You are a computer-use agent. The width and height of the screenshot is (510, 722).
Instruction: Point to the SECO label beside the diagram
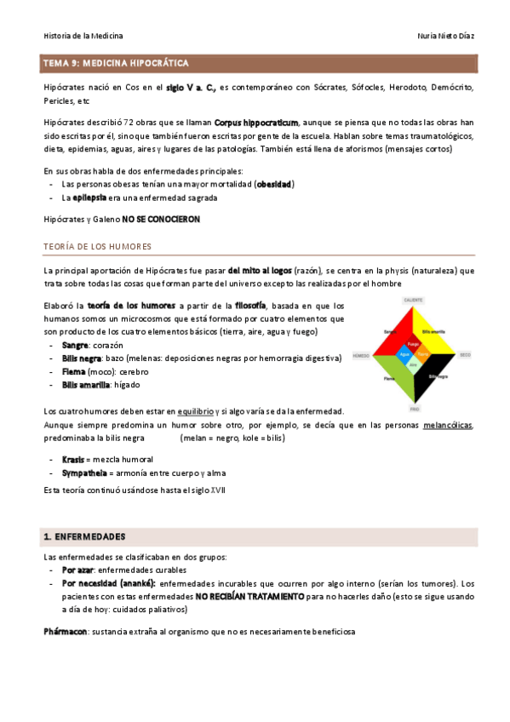tap(465, 354)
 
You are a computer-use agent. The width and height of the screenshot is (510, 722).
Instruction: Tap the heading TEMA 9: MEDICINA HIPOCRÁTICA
tap(117, 64)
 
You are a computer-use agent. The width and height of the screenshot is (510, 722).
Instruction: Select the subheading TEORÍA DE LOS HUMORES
tap(98, 247)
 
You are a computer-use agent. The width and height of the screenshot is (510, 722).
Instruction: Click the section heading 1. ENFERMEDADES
tap(84, 537)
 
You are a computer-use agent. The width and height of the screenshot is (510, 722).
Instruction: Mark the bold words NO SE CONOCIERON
tap(161, 219)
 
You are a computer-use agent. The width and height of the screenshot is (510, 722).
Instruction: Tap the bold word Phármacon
tap(66, 632)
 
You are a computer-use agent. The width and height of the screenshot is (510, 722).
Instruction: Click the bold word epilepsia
tap(89, 198)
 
